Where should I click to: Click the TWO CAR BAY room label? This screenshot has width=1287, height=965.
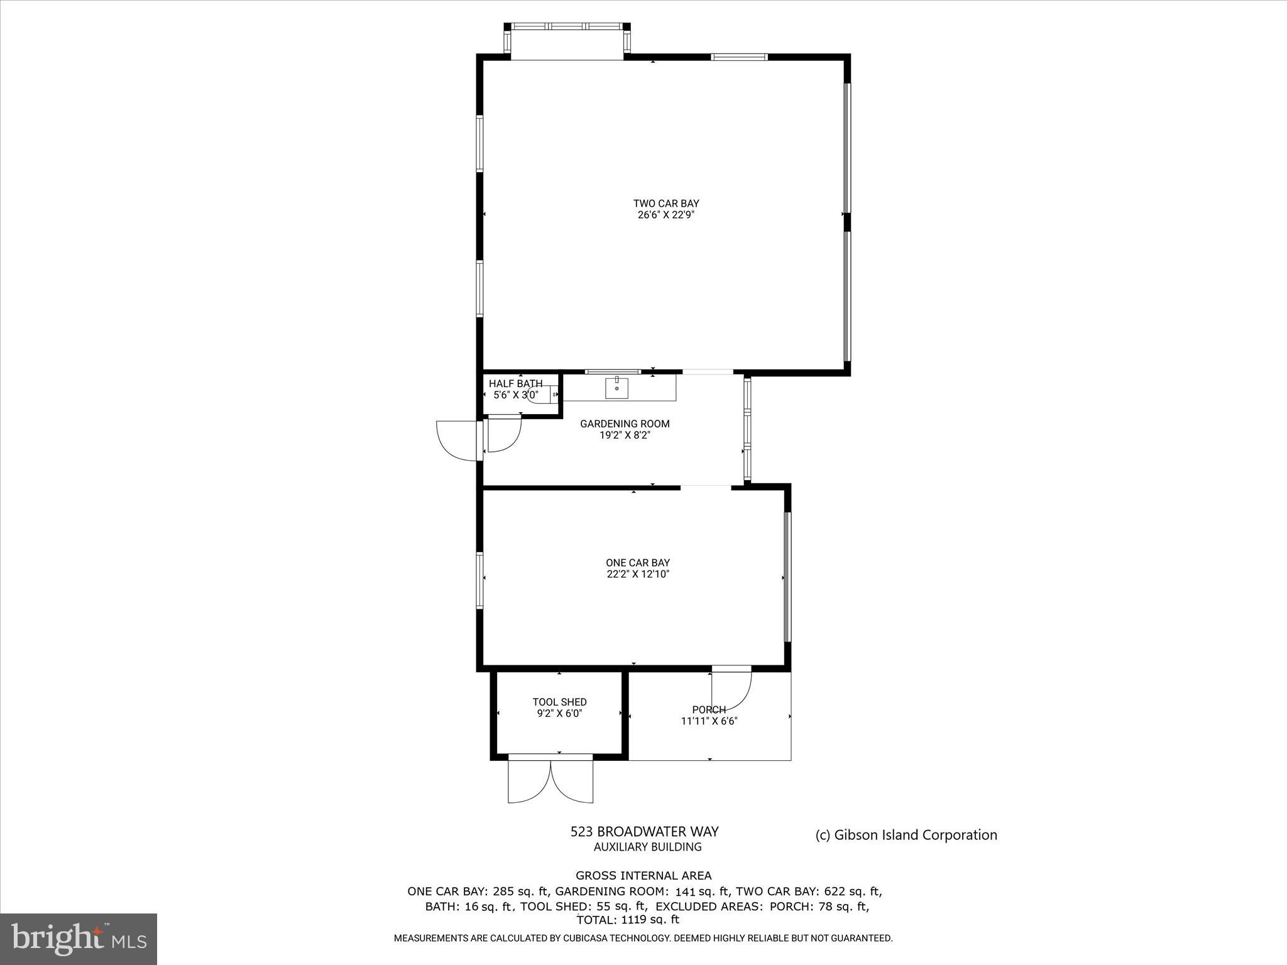pos(665,204)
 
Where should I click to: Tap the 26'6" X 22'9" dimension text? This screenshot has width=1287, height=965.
pos(665,215)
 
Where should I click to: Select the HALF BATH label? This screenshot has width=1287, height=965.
pos(515,384)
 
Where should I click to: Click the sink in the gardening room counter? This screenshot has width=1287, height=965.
pos(616,388)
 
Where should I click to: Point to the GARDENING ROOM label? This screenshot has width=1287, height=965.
pos(625,424)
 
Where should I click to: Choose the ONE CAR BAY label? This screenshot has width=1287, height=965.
pos(637,563)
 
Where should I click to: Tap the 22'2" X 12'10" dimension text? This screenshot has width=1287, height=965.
pos(637,574)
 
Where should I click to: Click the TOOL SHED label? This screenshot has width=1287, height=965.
pos(559,702)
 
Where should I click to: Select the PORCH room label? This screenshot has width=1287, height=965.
pos(709,710)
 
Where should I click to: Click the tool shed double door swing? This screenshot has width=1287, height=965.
pos(550,782)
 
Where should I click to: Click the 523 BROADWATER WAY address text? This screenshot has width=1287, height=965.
pos(644,832)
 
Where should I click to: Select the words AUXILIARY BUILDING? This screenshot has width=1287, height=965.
pos(647,847)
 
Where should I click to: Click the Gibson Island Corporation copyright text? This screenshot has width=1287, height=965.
pos(906,835)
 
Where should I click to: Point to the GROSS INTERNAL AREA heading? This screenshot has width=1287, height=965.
pos(643,876)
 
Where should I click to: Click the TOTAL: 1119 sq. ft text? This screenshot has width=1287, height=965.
pos(628,920)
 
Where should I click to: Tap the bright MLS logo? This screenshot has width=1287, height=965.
pos(79,939)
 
